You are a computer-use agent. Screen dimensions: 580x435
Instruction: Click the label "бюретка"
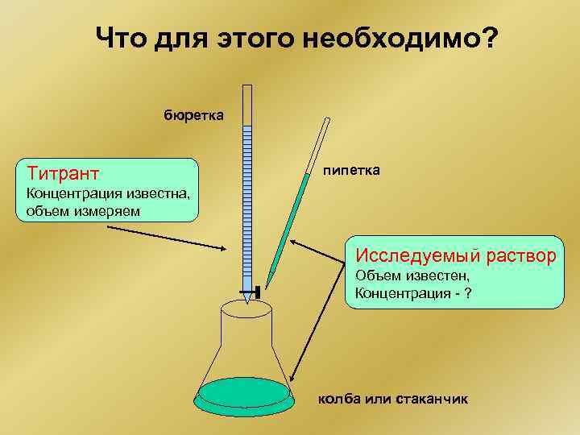click(193, 115)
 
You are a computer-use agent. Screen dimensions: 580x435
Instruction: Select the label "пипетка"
click(352, 171)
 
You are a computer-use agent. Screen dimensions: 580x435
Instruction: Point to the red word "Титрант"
click(63, 173)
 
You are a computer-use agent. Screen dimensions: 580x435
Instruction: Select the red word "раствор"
click(520, 256)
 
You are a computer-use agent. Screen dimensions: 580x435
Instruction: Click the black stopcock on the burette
click(250, 291)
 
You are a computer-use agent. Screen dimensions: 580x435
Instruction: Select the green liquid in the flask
click(244, 393)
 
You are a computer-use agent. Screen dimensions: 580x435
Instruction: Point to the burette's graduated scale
click(247, 201)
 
